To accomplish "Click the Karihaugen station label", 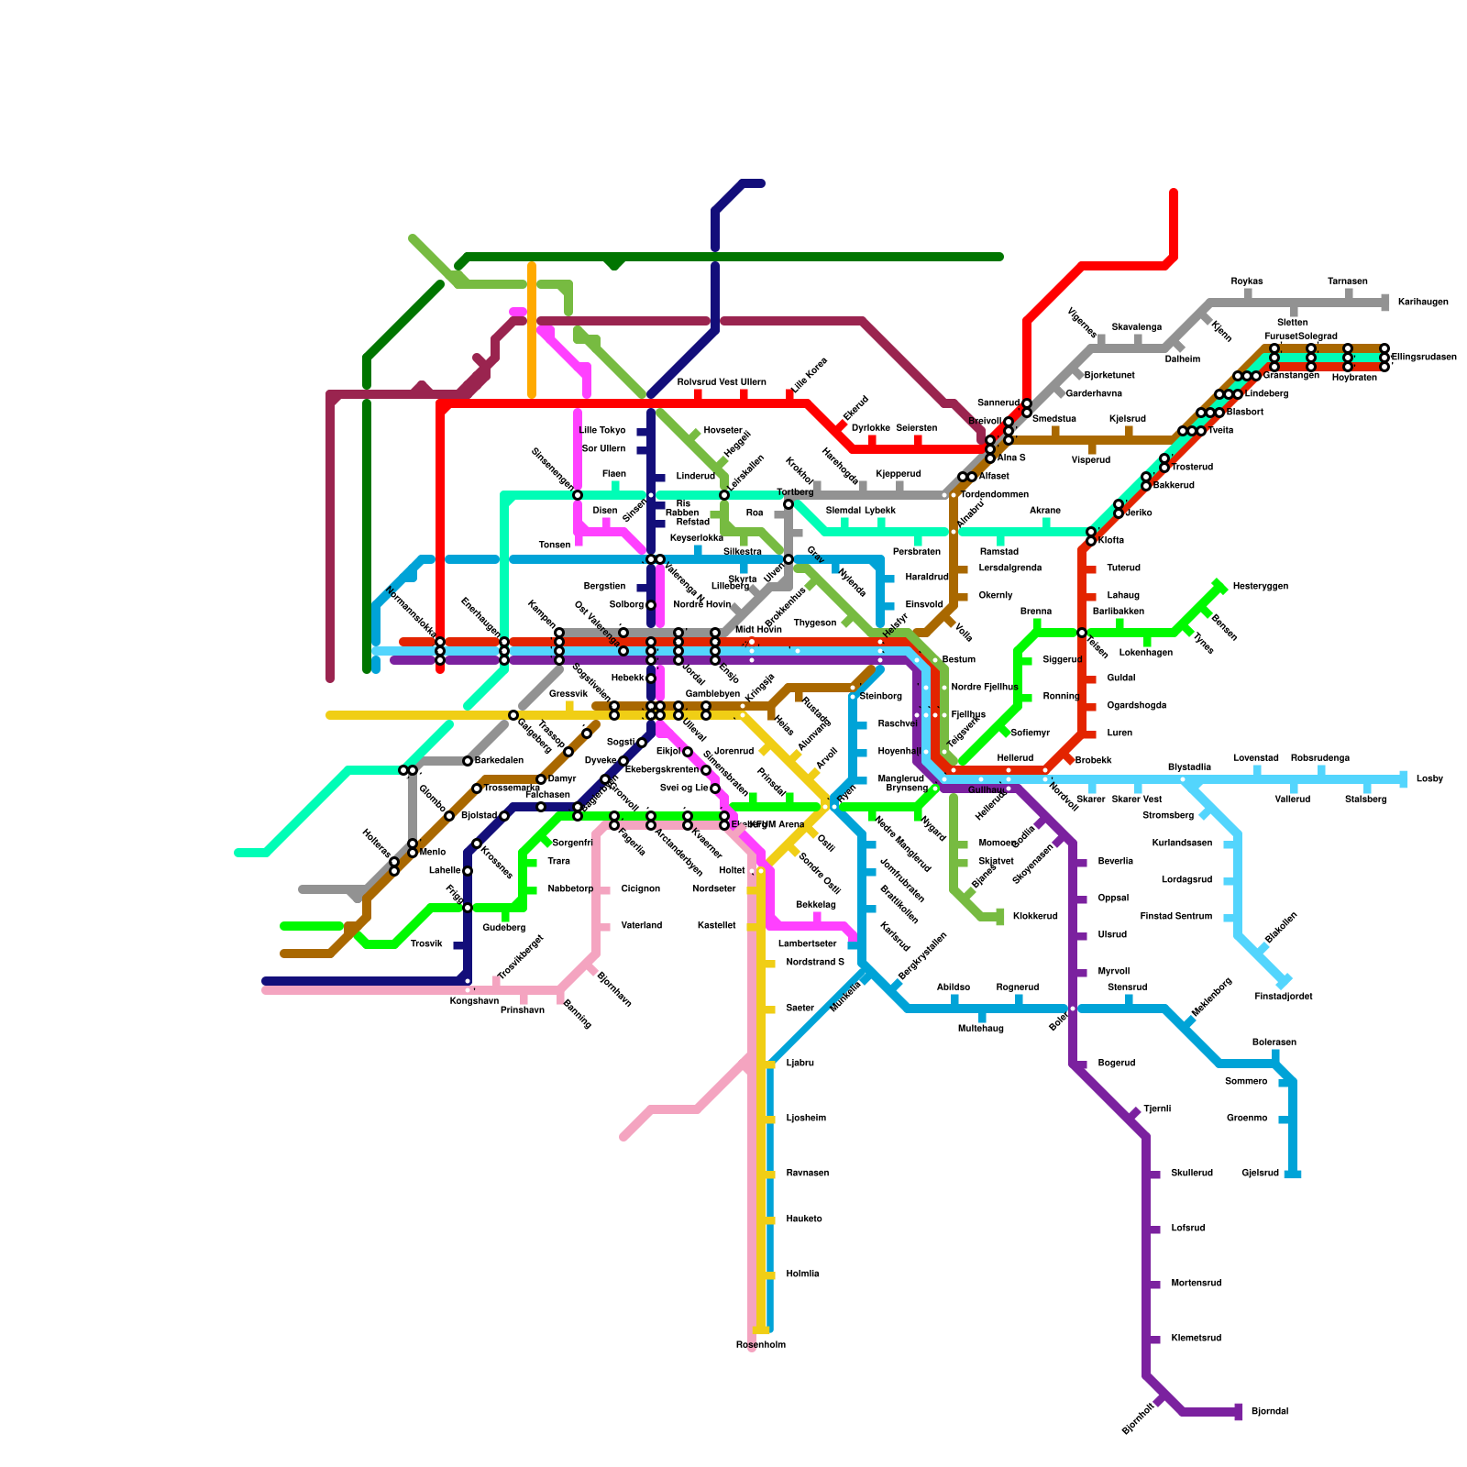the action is click(x=1422, y=303).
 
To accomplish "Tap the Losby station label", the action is click(x=1429, y=779).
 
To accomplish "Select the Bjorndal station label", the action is click(x=1270, y=1412).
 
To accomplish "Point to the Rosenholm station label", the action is click(x=760, y=1345).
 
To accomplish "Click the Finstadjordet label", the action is click(x=1283, y=997).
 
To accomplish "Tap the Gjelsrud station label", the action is click(x=1260, y=1174).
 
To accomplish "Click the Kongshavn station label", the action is click(x=473, y=1001).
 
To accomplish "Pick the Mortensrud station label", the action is click(x=1197, y=1284).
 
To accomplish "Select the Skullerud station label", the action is click(x=1192, y=1174).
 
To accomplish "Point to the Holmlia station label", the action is click(x=802, y=1274).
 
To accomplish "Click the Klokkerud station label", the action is click(x=1035, y=917).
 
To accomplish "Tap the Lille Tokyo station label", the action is click(x=602, y=431).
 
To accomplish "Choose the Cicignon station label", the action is click(x=640, y=889).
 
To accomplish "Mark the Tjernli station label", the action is click(x=1157, y=1109).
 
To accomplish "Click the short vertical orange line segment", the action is click(x=532, y=330).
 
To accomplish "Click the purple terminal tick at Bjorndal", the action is click(x=1239, y=1412).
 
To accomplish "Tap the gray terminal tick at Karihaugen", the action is click(x=1385, y=303).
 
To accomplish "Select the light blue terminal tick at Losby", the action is click(x=1404, y=779).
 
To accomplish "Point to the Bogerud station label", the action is click(x=1116, y=1064).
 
